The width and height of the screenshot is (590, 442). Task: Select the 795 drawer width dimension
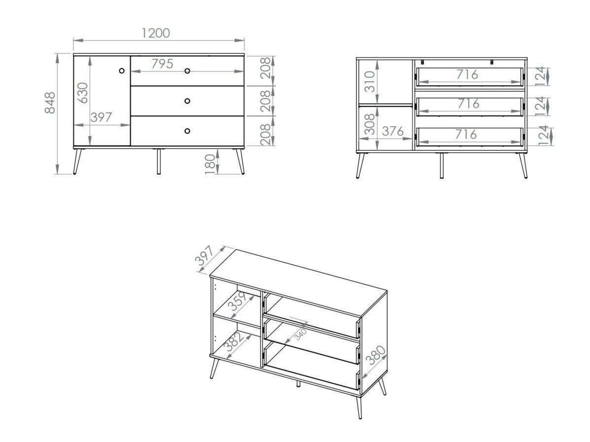162,64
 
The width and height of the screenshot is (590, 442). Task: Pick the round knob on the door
122,71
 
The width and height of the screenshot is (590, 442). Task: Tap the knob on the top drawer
187,71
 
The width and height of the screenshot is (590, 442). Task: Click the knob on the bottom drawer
187,131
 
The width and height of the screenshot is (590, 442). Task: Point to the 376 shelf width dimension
393,131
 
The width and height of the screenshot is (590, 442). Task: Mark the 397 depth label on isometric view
206,257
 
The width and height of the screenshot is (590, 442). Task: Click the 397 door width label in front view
102,117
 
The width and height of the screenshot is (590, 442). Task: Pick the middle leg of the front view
159,161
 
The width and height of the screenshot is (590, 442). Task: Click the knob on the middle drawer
187,101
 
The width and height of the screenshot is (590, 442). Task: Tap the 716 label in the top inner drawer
467,75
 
